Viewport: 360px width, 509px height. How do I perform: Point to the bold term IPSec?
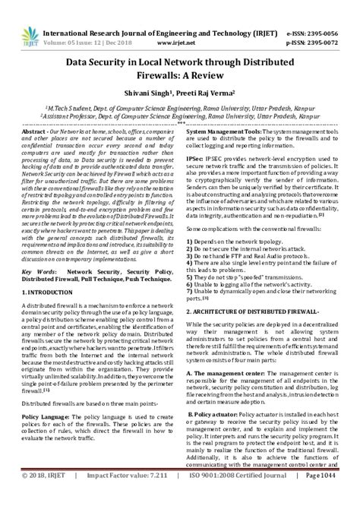[x=196, y=160]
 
